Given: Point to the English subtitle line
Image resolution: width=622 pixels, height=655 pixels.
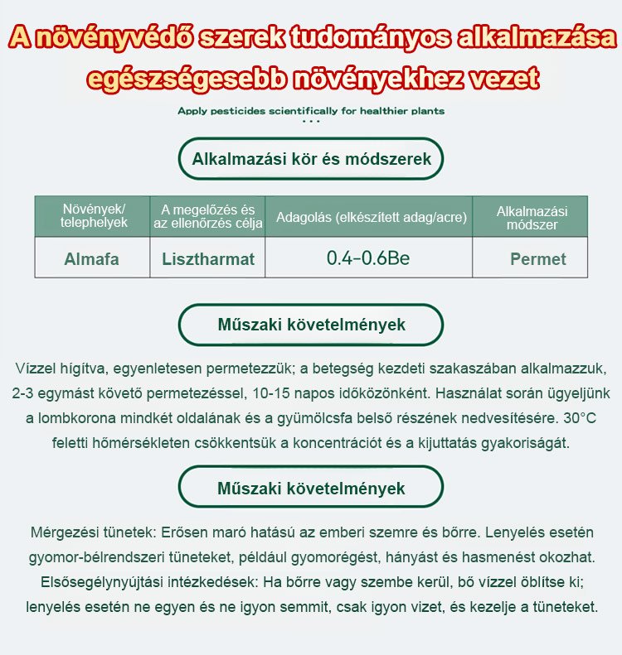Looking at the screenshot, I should (x=311, y=110).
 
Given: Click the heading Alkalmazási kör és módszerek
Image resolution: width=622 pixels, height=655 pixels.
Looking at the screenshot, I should (x=311, y=159).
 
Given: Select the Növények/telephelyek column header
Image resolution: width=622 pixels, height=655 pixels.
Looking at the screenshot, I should (x=92, y=215).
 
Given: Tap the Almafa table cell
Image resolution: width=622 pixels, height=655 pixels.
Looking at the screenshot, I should (x=92, y=258).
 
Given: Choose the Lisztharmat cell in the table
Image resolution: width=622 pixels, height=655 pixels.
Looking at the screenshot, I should (x=207, y=258).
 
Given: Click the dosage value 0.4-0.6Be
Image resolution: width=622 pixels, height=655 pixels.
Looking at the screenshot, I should (x=369, y=258).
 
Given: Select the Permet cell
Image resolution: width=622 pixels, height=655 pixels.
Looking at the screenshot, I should (x=537, y=258).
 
